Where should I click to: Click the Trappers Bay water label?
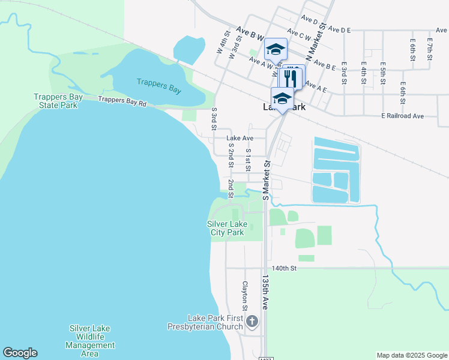[158, 86]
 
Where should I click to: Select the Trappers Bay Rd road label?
[122, 102]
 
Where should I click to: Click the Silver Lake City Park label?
[227, 228]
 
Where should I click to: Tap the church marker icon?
[252, 322]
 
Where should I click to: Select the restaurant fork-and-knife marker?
[291, 76]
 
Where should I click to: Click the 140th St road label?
[284, 269]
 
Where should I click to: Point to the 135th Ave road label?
[264, 292]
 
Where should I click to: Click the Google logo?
[20, 353]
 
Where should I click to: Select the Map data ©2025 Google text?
[412, 355]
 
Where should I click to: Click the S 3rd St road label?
[214, 118]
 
